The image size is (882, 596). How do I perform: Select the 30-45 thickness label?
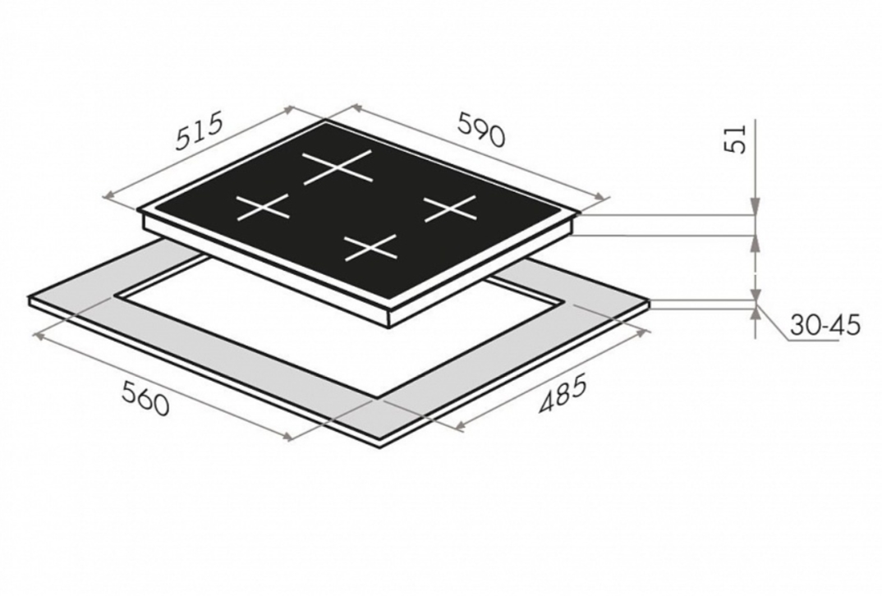pos(824,325)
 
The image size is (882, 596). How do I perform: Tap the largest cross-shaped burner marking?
pos(338,167)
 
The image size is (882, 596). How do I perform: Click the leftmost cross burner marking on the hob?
pos(264,209)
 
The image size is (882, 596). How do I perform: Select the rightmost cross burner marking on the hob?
pos(450,208)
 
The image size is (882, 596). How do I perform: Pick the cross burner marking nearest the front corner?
pos(370,248)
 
